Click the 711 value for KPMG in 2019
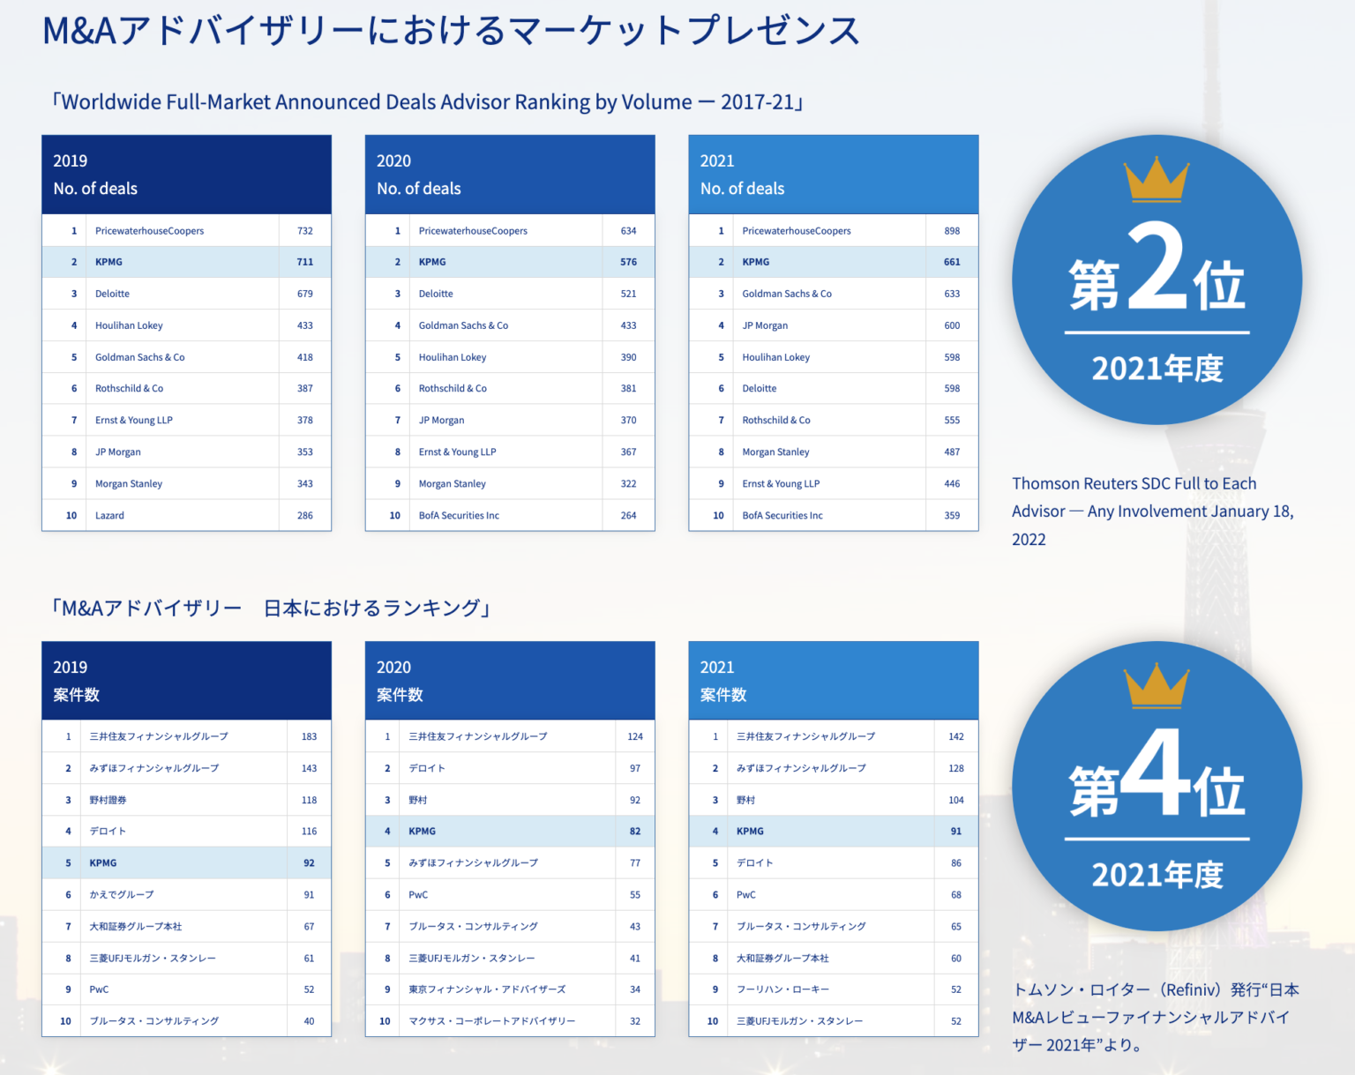pos(304,262)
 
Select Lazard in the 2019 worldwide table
pos(109,515)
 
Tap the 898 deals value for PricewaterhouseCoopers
pos(952,231)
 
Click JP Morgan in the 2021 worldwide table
pos(765,325)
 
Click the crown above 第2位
pos(1157,180)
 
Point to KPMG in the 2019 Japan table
pos(103,863)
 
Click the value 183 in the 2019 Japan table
pos(309,736)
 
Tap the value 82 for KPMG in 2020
pos(635,832)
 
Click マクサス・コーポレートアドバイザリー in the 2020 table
pos(491,1021)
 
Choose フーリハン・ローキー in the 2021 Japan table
pos(782,989)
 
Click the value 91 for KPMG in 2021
pos(956,832)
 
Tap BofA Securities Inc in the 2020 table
pos(459,515)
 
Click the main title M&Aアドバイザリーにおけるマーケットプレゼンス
pos(451,31)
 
